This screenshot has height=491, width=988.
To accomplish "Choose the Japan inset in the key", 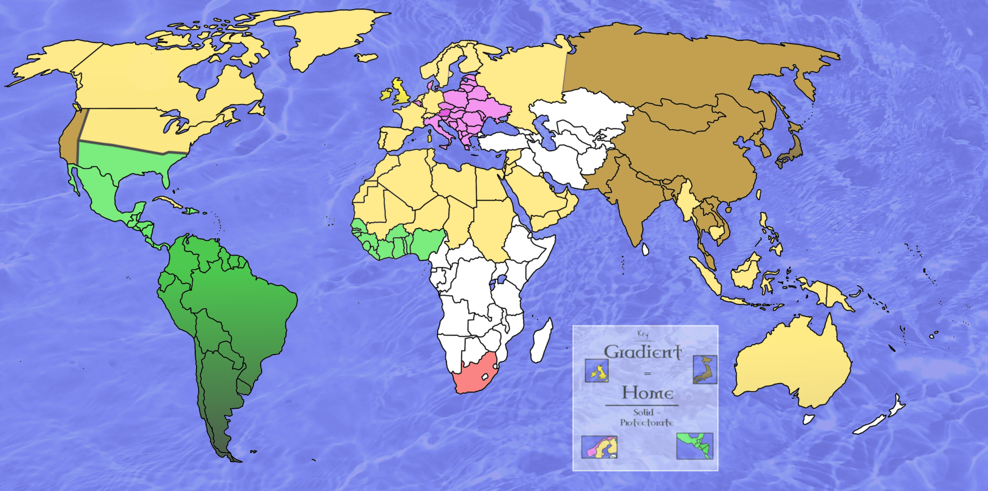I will [x=705, y=369].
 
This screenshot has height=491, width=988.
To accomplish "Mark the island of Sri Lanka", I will [x=645, y=249].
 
